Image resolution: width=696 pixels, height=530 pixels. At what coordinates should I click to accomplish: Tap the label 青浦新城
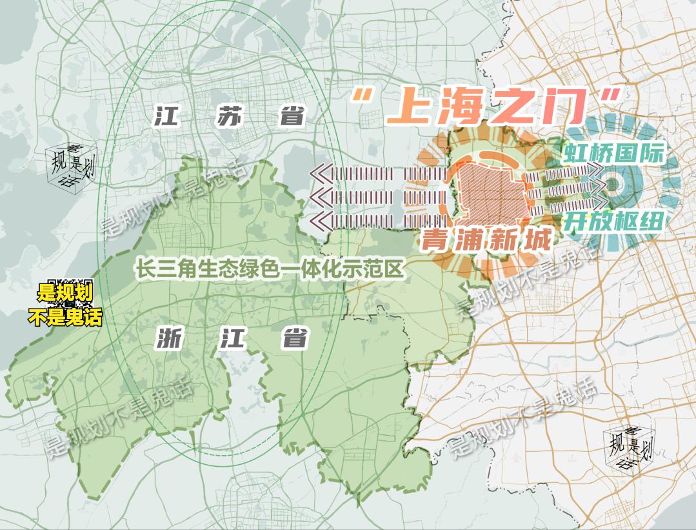[x=486, y=241]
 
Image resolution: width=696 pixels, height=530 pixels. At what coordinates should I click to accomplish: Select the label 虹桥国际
[x=613, y=154]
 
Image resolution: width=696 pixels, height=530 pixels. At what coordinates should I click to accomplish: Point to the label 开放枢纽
[x=613, y=223]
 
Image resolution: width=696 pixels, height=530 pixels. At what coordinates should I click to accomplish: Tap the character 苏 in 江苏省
[x=228, y=118]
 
